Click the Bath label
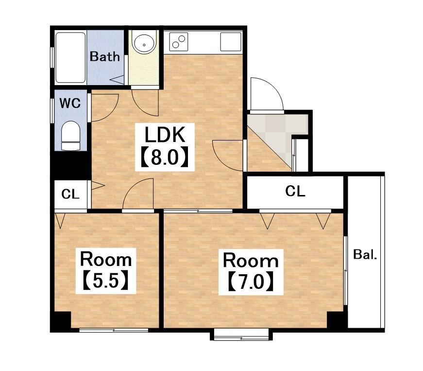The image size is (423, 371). (105, 56)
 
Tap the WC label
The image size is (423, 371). (70, 103)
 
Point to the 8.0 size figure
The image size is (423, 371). (165, 157)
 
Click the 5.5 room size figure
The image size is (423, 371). (106, 281)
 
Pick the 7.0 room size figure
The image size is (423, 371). (251, 282)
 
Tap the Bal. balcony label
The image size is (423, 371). (365, 254)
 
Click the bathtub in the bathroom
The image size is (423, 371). (70, 57)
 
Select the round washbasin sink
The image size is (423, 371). (144, 44)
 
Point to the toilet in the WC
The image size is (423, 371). (71, 136)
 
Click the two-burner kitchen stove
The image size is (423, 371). (179, 42)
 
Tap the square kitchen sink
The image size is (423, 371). (231, 42)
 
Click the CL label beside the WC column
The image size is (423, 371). (70, 194)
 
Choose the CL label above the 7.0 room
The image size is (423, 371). (295, 191)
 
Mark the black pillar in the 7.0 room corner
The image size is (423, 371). (337, 320)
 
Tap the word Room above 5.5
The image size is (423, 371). (106, 259)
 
